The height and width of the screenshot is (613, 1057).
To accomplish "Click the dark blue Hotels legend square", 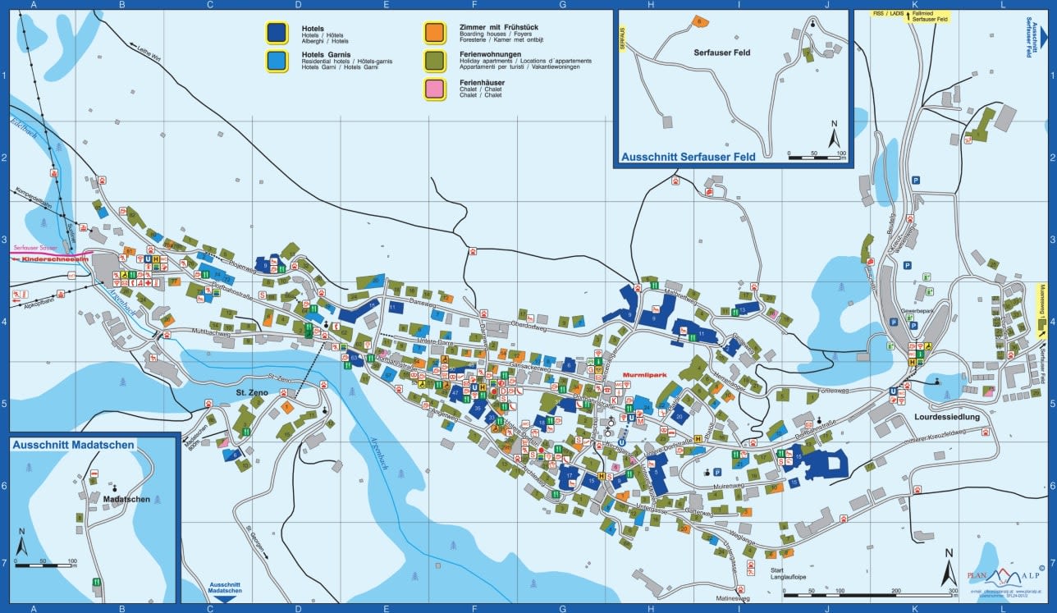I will click(x=277, y=32).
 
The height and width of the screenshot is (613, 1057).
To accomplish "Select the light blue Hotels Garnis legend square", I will click(x=277, y=60).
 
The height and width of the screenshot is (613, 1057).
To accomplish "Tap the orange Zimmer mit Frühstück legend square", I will click(x=435, y=32).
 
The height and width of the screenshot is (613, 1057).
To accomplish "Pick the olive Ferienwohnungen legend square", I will click(x=435, y=60).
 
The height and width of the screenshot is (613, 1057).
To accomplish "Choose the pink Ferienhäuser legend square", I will click(x=435, y=88).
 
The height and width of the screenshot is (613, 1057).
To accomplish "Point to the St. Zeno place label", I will click(x=253, y=392).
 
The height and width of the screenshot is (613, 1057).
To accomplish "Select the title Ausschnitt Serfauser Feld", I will click(x=688, y=156).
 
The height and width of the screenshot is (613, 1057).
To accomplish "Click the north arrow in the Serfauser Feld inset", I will click(x=834, y=135).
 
